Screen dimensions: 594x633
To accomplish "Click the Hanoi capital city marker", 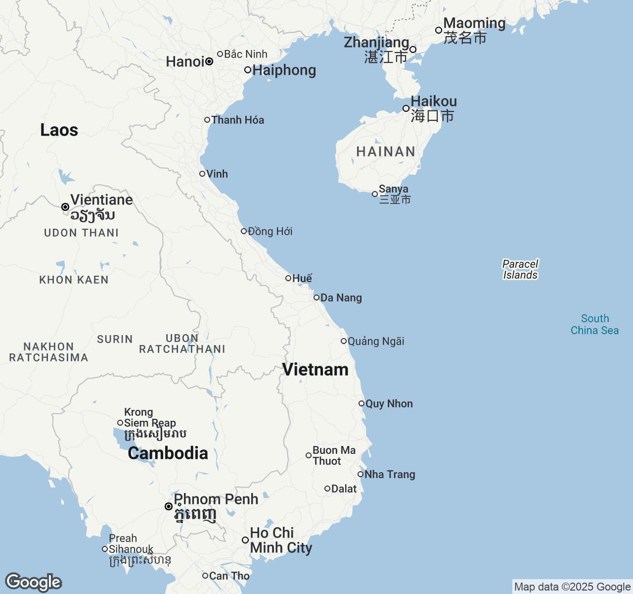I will (209, 62).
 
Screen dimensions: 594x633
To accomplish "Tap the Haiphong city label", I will (284, 70).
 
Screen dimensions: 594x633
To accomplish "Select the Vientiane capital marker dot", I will (65, 207).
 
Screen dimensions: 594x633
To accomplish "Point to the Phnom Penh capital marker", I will (169, 506).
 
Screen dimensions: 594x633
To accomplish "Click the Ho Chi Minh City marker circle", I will (245, 540).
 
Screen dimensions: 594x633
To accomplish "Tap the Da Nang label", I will (341, 297).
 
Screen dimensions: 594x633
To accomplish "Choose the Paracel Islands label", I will (520, 269).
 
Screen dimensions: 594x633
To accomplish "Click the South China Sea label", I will (594, 324).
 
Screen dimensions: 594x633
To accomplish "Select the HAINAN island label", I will (386, 151).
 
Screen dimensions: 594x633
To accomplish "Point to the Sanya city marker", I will (375, 194).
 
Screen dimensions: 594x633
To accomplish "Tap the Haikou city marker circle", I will (406, 108).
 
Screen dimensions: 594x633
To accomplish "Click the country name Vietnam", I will (315, 369).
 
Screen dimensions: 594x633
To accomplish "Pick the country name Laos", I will (59, 130).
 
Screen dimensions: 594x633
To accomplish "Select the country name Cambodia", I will (168, 453).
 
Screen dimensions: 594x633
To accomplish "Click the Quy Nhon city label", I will (389, 403).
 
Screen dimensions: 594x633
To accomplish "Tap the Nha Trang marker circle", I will (361, 474).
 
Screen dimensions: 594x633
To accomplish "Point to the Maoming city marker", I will (439, 30).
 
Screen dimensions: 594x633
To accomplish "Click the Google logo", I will (33, 582).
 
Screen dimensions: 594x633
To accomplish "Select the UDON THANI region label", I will (82, 233).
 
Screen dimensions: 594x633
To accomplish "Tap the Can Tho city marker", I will (205, 576).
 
